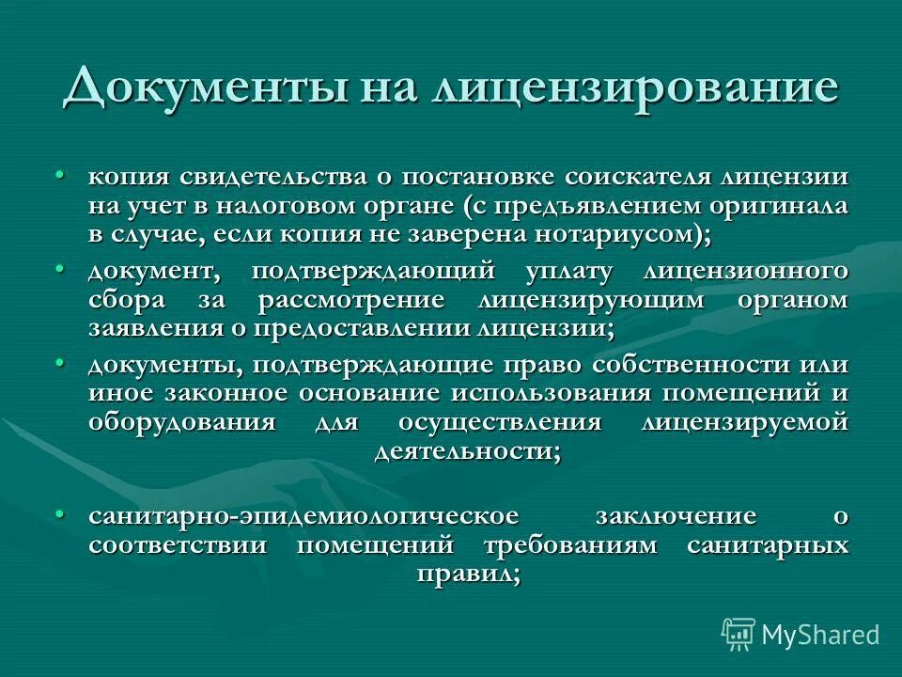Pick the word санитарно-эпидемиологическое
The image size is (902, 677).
click(303, 516)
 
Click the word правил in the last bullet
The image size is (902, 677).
click(464, 573)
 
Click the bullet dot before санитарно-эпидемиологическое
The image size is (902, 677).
click(59, 514)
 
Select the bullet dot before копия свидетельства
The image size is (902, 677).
click(59, 176)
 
